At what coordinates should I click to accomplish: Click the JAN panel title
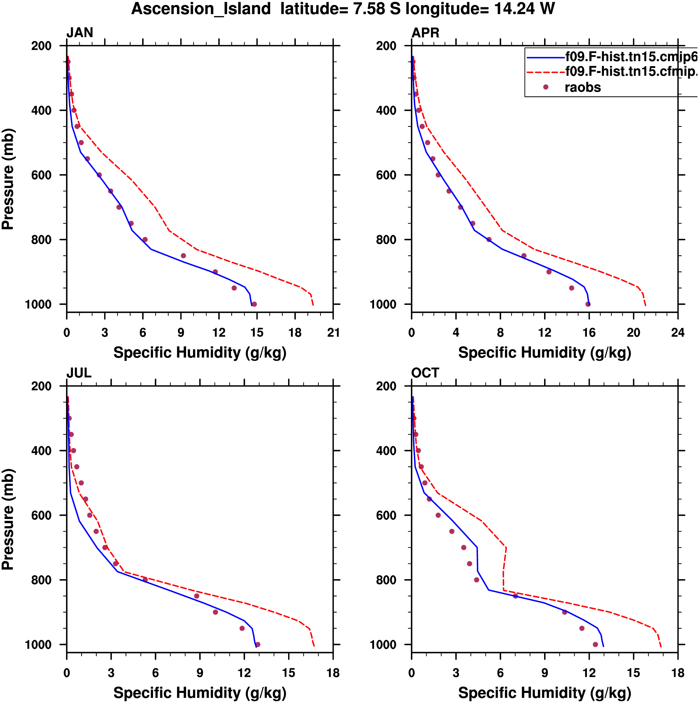pos(80,33)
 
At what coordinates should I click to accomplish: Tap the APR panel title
pos(425,33)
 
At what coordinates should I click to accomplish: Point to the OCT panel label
pos(425,373)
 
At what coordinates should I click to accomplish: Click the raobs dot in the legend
pos(546,87)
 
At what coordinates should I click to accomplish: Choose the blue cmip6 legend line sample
pos(546,57)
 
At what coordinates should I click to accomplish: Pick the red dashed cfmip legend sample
pos(546,72)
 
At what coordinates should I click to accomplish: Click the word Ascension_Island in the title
pos(201,9)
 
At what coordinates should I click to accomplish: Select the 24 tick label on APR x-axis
pos(678,332)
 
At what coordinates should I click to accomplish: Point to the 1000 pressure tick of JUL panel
pos(38,645)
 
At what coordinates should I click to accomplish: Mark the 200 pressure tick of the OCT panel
pos(386,386)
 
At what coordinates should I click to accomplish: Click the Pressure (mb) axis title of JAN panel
pos(8,179)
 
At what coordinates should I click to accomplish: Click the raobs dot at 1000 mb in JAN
pos(254,304)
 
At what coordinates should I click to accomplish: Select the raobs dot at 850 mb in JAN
pos(183,256)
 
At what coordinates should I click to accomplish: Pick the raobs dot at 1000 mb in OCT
pos(595,644)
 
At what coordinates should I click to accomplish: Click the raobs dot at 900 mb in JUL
pos(215,612)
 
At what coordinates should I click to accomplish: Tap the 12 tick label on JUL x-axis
pos(244,673)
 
